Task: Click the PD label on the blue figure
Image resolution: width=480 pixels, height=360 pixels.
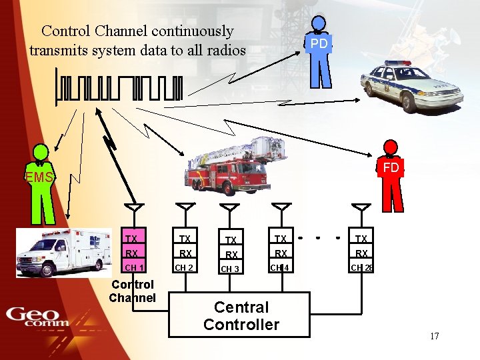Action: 319,43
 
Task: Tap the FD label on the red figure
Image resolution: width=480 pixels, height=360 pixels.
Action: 391,167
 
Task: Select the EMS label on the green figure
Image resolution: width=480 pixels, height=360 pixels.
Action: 39,177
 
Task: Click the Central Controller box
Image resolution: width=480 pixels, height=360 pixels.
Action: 241,316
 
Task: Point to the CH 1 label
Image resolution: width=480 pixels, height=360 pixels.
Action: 134,268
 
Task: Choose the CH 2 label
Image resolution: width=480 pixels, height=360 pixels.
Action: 183,268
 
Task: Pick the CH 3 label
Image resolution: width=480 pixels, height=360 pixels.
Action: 230,269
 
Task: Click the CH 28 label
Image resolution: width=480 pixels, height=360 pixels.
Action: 362,268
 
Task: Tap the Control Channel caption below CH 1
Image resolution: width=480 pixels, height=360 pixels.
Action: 132,291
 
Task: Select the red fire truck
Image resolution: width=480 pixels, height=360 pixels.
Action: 229,167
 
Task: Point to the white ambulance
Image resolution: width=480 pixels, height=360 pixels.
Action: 63,251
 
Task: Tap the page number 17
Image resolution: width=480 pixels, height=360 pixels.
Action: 434,336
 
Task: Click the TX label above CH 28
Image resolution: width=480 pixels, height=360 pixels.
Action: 361,239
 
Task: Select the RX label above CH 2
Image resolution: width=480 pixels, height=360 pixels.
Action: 185,253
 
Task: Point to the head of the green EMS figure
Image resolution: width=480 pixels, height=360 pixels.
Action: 41,153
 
